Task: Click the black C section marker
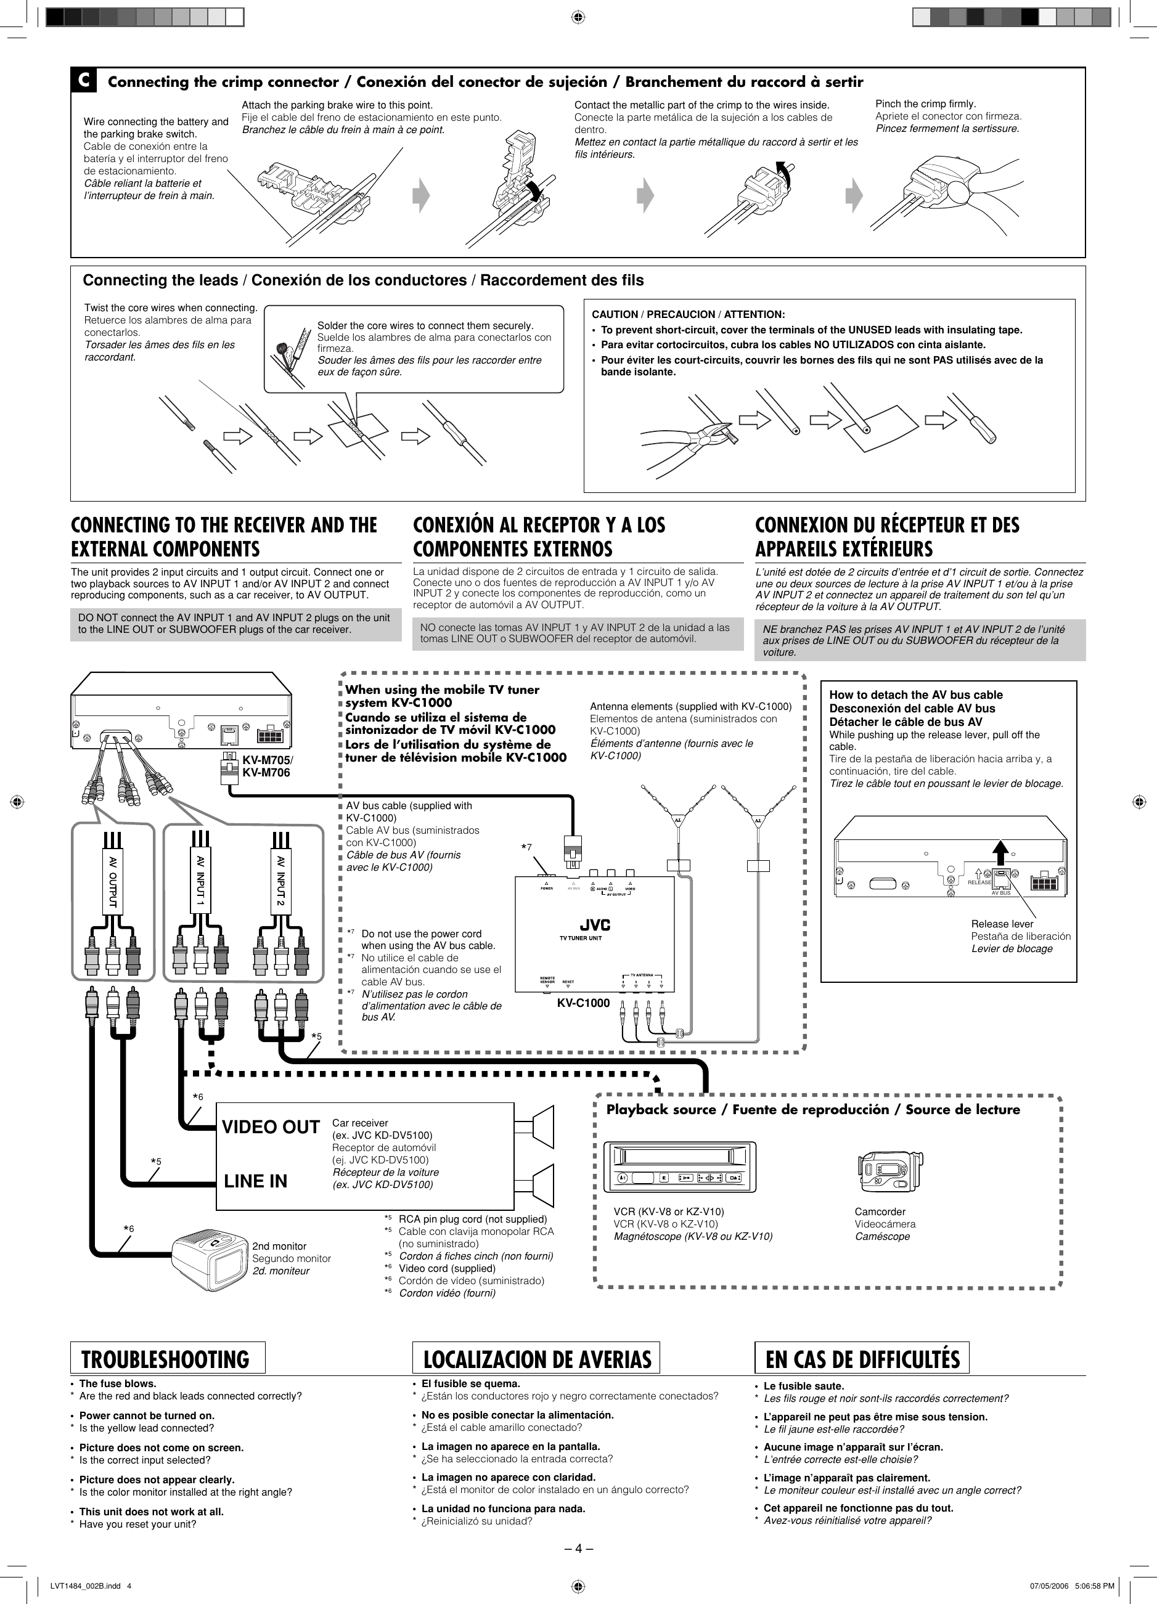[x=83, y=81]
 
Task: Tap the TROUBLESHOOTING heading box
[x=167, y=1359]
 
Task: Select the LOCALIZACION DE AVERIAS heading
[x=536, y=1359]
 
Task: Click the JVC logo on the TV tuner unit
[x=595, y=926]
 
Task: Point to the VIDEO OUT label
[x=271, y=1127]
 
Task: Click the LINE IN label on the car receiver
[x=255, y=1181]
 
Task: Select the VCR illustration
[x=679, y=1168]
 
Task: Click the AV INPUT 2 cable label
[x=281, y=881]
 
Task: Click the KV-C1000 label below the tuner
[x=583, y=1003]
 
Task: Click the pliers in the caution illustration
[x=690, y=442]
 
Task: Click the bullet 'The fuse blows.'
[x=118, y=1383]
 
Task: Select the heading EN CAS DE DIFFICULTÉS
[x=862, y=1359]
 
